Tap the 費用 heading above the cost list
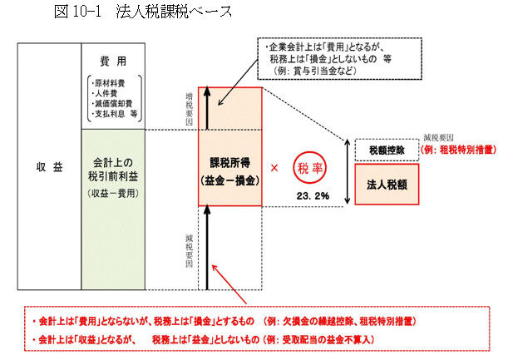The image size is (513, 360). coord(112,62)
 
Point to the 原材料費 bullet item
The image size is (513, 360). coord(108,84)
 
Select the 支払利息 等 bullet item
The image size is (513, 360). coord(113,114)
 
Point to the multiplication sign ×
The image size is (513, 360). coord(274,167)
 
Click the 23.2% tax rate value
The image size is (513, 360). coord(312,196)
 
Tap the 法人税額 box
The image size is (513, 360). coord(387,184)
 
